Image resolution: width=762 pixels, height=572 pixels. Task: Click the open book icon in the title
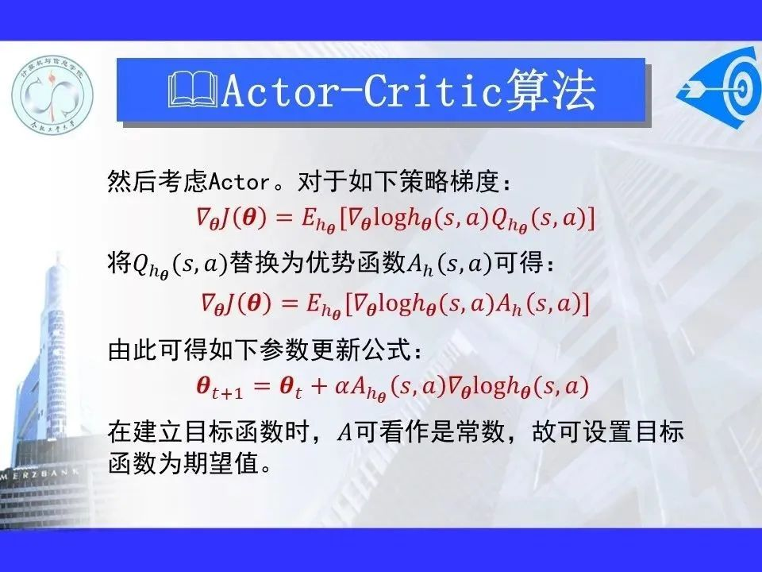tap(193, 90)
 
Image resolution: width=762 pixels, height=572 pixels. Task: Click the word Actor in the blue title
tap(279, 91)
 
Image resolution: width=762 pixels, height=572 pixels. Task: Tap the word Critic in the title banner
tap(433, 91)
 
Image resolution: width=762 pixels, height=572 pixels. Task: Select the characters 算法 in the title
tap(551, 91)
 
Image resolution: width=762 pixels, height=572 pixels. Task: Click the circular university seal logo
tap(52, 95)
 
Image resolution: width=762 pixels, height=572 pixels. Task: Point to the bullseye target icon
tap(722, 88)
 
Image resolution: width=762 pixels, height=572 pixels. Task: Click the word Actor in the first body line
tap(239, 183)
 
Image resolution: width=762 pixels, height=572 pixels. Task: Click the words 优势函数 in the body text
tap(356, 264)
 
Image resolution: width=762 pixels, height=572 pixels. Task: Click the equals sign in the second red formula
tap(289, 303)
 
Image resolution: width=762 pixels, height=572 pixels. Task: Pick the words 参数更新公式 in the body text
tap(335, 350)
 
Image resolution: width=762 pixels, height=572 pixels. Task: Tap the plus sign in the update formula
tap(319, 386)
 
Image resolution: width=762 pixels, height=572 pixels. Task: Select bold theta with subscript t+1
tap(220, 388)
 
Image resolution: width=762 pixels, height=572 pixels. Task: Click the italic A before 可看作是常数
tap(344, 432)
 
